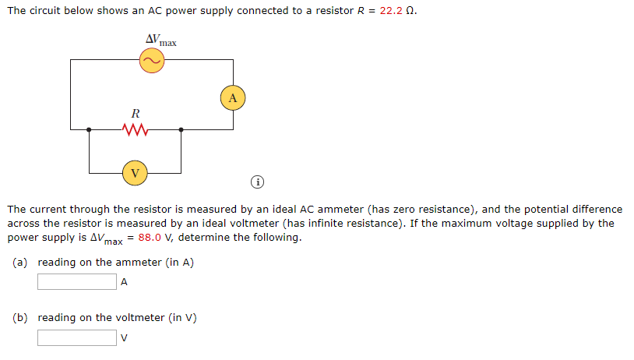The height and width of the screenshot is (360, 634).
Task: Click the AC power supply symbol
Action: coord(151,61)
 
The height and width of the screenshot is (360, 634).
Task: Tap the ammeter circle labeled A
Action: coord(232,97)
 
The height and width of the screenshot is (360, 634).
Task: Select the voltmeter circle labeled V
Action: coord(135,172)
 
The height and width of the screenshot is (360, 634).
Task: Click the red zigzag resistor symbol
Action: coord(135,129)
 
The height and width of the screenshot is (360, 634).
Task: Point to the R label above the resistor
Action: coord(135,113)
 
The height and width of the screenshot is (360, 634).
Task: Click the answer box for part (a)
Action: coord(76,282)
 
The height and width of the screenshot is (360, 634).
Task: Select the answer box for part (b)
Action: coord(76,337)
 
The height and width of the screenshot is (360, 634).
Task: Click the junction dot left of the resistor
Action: coord(89,129)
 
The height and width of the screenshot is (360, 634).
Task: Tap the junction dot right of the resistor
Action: coord(181,129)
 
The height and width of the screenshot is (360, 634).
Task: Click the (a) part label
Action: coord(21,263)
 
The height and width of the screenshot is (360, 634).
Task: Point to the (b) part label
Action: coord(21,318)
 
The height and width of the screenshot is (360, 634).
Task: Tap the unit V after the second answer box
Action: coord(123,338)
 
